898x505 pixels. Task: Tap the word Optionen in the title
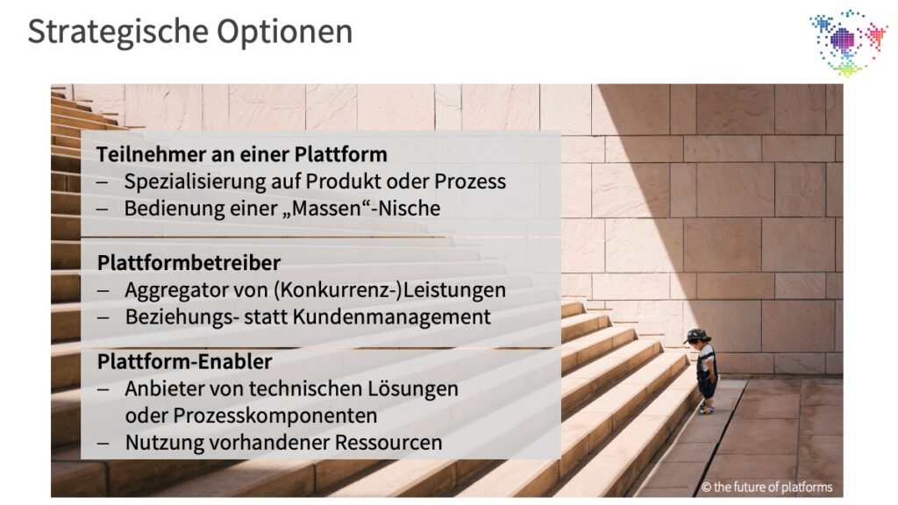(x=285, y=32)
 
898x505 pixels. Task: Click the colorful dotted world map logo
(x=848, y=42)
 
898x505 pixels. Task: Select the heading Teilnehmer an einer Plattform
(x=242, y=154)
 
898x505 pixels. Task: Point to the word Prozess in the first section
(x=470, y=181)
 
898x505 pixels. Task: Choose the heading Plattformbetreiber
(x=189, y=263)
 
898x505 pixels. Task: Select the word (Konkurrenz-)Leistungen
(x=389, y=290)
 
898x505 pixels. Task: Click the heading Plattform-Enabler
(x=184, y=362)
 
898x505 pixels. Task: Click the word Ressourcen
(x=388, y=443)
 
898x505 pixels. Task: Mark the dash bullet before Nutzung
(x=103, y=443)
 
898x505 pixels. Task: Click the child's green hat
(x=697, y=336)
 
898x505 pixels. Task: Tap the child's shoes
(x=707, y=409)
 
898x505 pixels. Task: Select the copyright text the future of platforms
(x=766, y=487)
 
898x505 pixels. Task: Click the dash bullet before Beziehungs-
(x=103, y=317)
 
